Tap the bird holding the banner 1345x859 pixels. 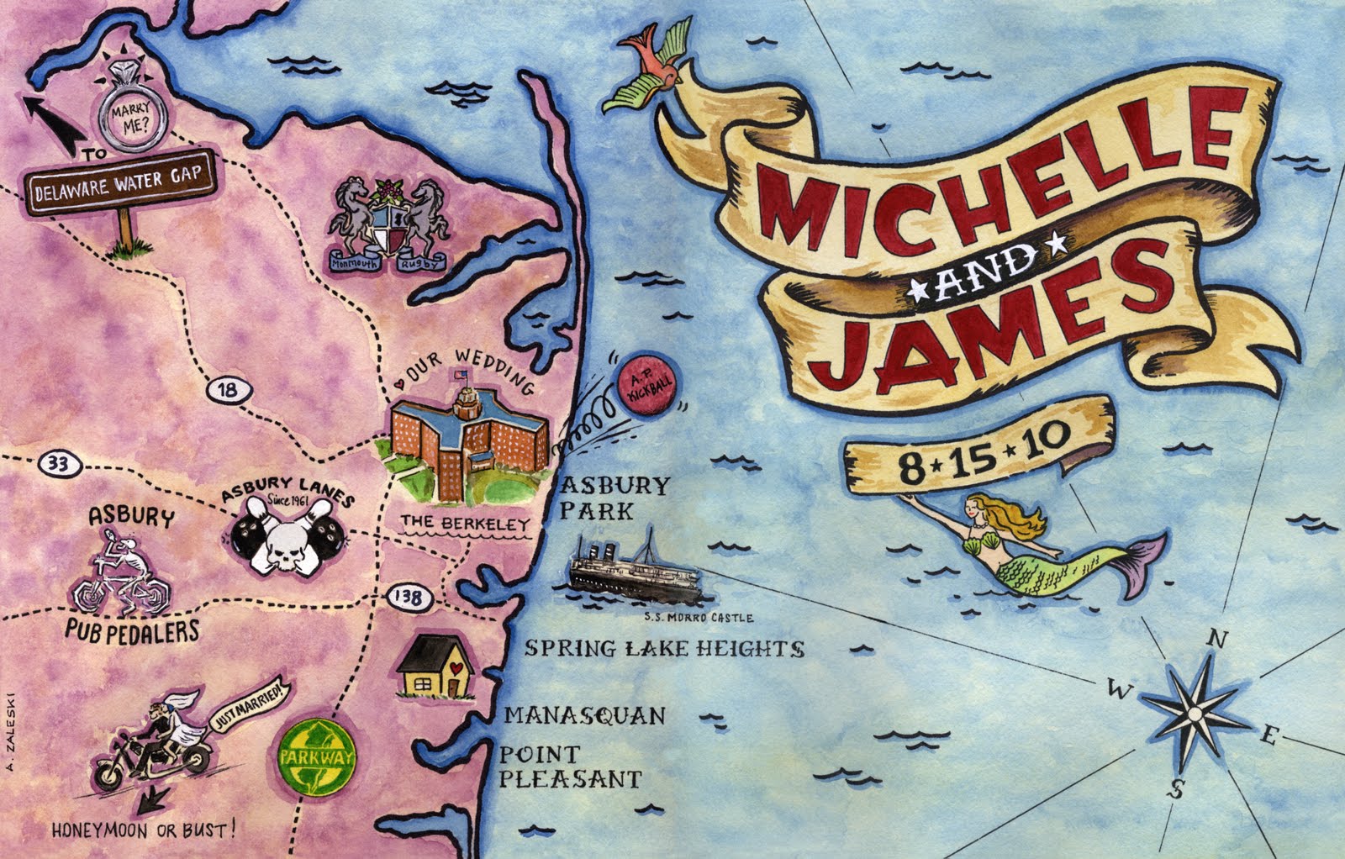653,69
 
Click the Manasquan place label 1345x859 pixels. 584,715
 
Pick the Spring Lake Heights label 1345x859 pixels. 664,648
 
